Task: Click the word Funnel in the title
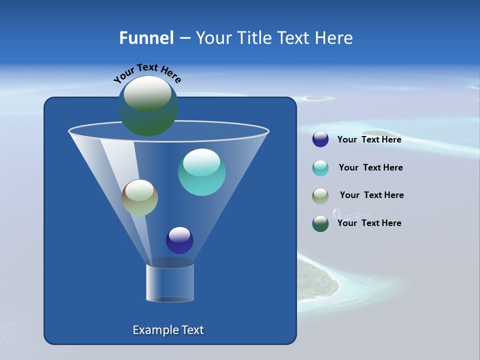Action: point(146,38)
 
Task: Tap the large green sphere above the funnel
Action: point(147,105)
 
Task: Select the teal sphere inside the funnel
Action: point(201,172)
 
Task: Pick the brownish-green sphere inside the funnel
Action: point(139,197)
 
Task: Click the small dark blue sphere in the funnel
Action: point(179,240)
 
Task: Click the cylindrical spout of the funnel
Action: point(170,282)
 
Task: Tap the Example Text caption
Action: point(168,330)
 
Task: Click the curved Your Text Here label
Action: point(147,72)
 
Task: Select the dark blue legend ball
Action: point(320,139)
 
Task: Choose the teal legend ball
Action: point(320,168)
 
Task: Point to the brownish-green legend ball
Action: point(320,196)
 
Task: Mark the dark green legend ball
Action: point(320,223)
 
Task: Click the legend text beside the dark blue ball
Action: point(369,140)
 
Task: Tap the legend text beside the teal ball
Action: point(370,167)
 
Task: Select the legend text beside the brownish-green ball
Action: point(371,195)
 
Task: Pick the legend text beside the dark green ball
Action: point(369,223)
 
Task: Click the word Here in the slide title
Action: point(334,38)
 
